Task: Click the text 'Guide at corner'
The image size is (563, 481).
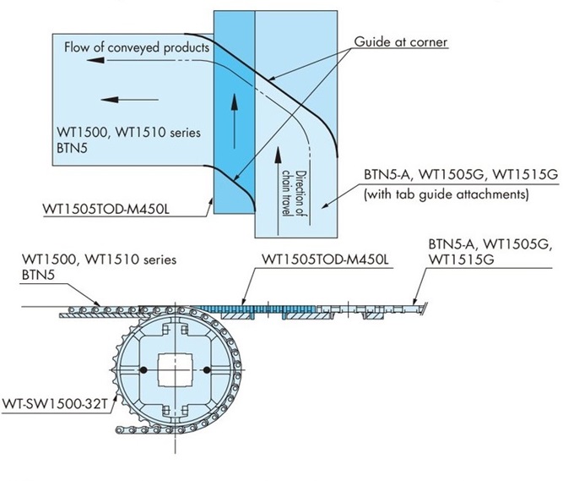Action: (x=399, y=41)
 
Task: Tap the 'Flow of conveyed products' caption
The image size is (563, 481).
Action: (x=136, y=47)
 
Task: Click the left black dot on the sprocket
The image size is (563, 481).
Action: (x=143, y=370)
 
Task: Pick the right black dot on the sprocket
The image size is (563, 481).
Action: (x=205, y=370)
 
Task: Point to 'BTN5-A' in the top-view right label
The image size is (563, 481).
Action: (x=382, y=176)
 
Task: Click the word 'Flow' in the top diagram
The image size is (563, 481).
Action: (x=78, y=47)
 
